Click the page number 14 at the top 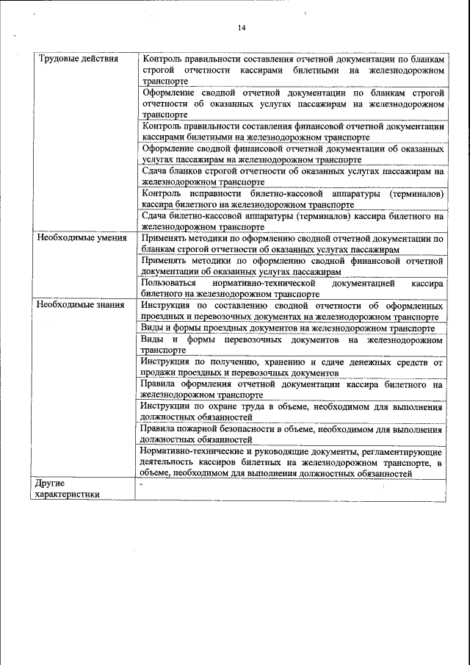pos(241,28)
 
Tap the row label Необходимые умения pos(82,238)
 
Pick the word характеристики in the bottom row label pos(68,495)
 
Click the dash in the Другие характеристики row pos(142,484)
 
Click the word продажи pos(157,373)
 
